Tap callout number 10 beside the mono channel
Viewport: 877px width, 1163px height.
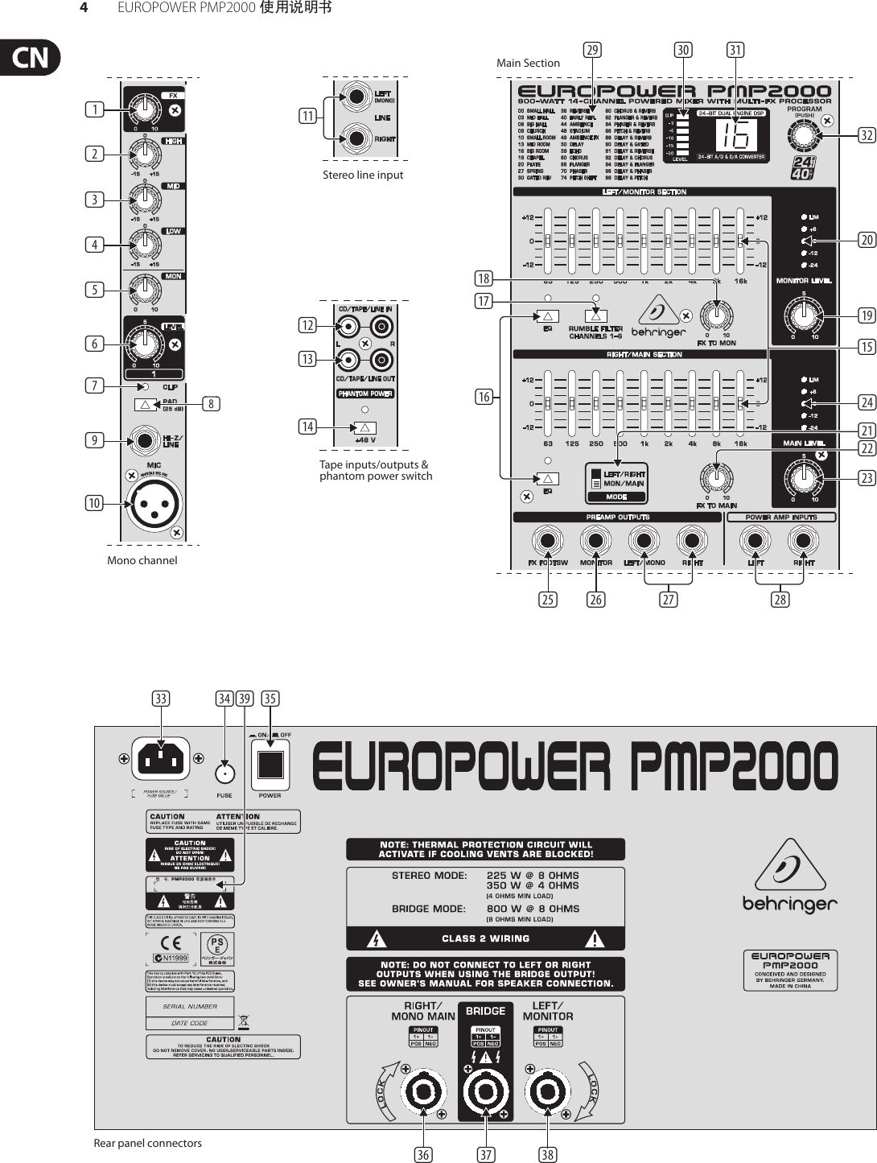click(x=95, y=503)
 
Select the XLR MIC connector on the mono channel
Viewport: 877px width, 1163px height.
click(x=154, y=504)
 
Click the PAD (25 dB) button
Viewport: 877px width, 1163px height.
click(x=146, y=404)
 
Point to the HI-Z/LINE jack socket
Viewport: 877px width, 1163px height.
click(x=146, y=441)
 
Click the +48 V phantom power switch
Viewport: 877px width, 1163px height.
click(x=364, y=428)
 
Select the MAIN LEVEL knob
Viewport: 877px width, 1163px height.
click(x=802, y=477)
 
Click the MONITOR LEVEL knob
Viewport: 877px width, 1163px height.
click(x=802, y=315)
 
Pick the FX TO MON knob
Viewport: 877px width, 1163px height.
click(x=715, y=315)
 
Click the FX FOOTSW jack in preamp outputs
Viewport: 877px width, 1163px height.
click(x=547, y=540)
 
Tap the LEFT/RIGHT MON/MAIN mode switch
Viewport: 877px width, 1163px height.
click(x=596, y=480)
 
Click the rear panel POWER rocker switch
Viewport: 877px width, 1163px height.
click(x=270, y=765)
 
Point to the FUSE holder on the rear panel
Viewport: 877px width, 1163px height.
click(x=224, y=774)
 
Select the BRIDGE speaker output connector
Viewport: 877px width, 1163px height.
click(x=485, y=1092)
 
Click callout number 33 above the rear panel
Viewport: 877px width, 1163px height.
click(x=161, y=699)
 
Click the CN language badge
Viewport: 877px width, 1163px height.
click(x=31, y=58)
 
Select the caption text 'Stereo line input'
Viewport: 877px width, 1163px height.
click(x=363, y=175)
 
